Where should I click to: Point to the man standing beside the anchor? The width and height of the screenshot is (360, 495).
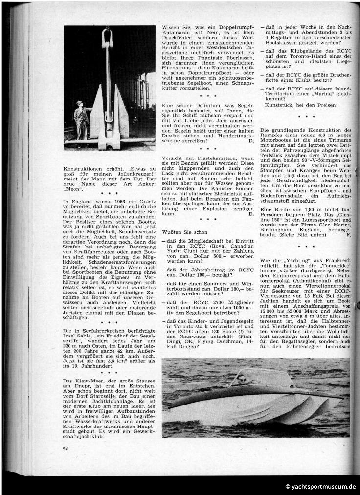(79, 119)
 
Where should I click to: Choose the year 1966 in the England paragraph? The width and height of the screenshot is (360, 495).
(111, 201)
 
